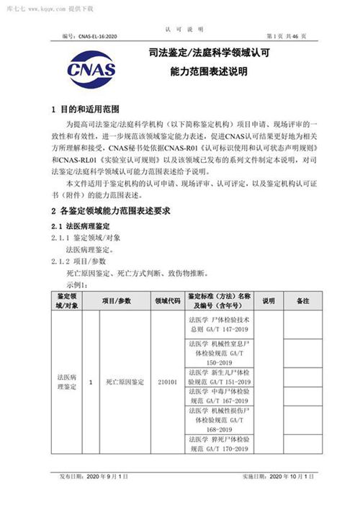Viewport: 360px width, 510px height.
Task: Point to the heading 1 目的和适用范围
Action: (84, 110)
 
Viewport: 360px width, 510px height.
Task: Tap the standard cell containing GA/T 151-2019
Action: (218, 376)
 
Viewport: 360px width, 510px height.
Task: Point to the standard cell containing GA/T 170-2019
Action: (218, 444)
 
